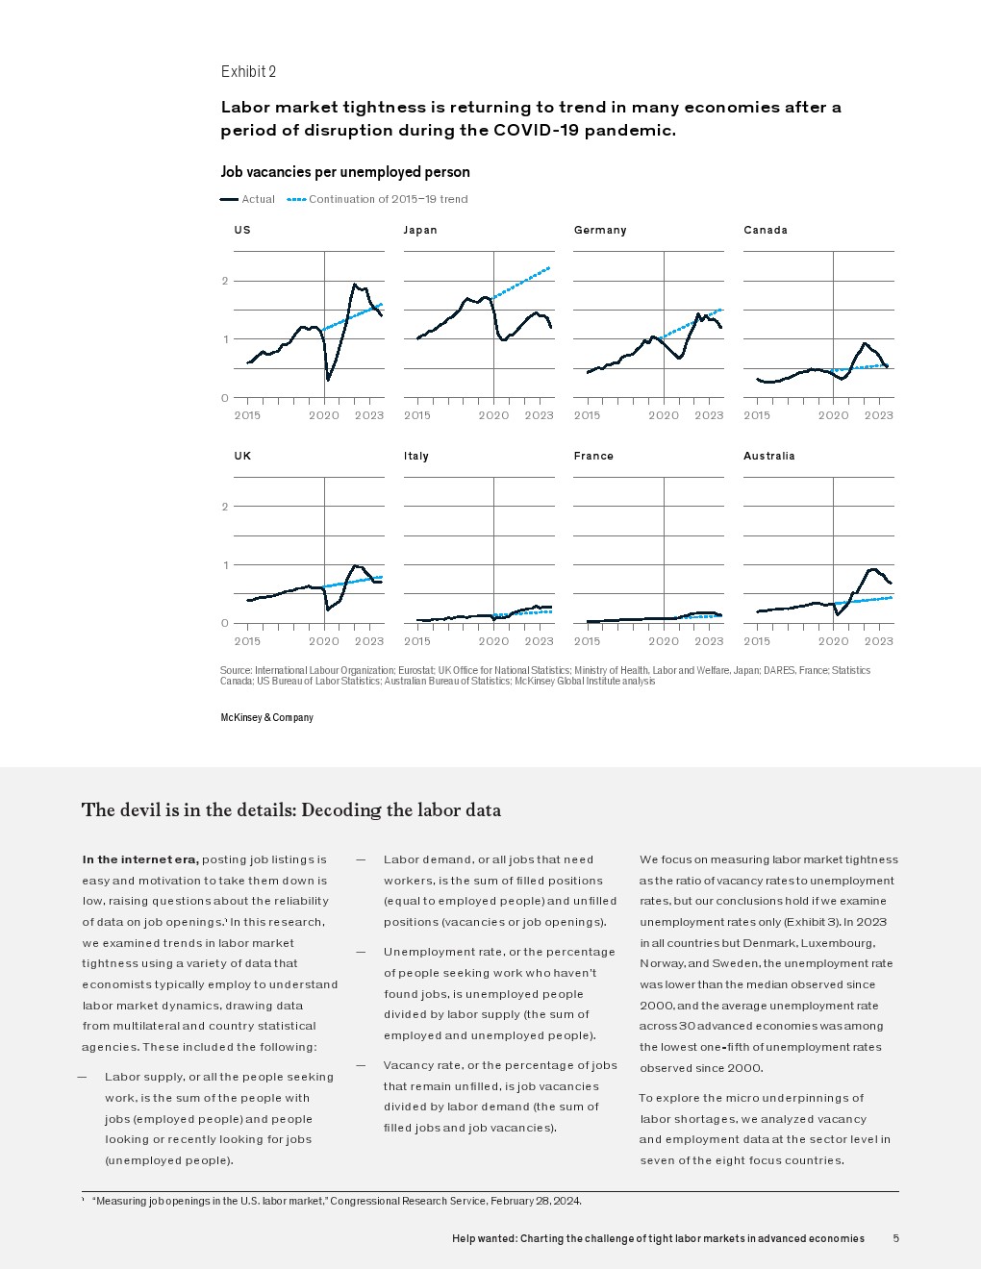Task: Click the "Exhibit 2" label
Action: [248, 71]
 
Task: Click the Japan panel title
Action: [420, 230]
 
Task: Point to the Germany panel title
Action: [600, 230]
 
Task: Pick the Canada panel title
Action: [766, 230]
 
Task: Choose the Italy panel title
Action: [416, 456]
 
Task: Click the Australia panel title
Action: [768, 456]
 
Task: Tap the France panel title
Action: [593, 456]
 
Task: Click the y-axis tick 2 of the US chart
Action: [225, 281]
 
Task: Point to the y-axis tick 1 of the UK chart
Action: [225, 565]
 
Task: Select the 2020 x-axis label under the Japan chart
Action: [493, 415]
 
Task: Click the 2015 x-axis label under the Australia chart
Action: [757, 641]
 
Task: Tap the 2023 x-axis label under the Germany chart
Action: [709, 415]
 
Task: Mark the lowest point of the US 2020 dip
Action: [328, 380]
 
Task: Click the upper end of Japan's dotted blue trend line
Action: [549, 267]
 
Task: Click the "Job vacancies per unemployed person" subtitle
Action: [345, 172]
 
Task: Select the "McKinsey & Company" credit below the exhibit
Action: [267, 717]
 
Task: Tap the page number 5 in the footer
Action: [895, 1238]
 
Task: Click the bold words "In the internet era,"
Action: [140, 859]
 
